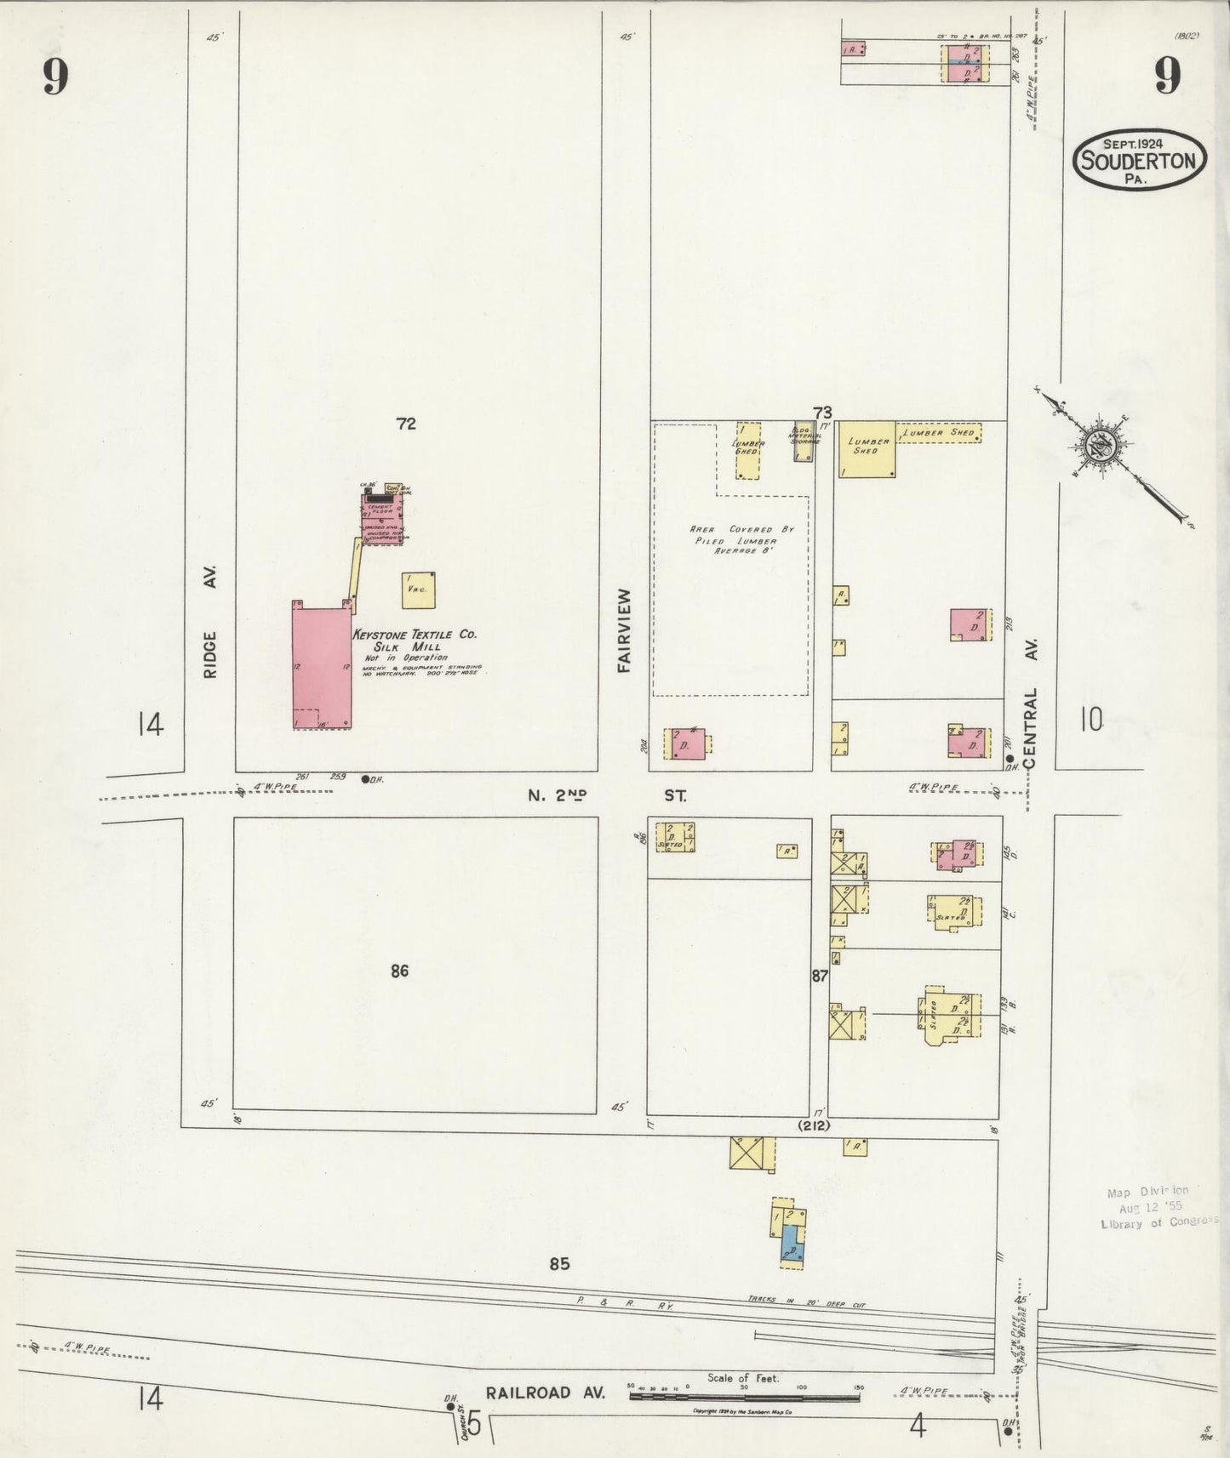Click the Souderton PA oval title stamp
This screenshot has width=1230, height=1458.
[1139, 159]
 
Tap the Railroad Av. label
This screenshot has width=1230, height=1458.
[545, 1393]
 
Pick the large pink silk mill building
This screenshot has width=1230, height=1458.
[321, 667]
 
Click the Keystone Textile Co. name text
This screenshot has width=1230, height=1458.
[415, 635]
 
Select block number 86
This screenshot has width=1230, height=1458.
[400, 971]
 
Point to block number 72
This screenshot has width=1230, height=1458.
[406, 423]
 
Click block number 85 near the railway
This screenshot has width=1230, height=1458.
[558, 1264]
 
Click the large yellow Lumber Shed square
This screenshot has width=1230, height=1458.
[867, 448]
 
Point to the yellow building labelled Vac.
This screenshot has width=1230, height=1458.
[418, 589]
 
